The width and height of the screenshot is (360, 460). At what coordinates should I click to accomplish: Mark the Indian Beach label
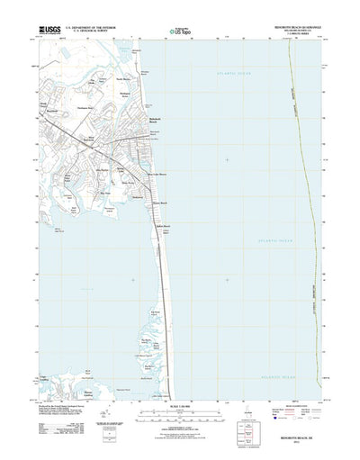[x=163, y=225]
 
